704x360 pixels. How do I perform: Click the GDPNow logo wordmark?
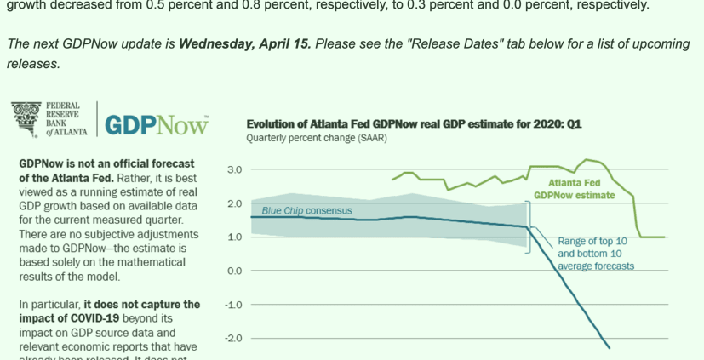(157, 125)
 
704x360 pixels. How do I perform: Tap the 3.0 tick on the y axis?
(234, 169)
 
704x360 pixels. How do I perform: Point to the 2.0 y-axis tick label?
(234, 203)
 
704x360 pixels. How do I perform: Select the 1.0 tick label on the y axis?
(234, 237)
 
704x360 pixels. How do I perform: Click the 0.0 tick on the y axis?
(234, 271)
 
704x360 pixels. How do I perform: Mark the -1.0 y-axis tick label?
(233, 305)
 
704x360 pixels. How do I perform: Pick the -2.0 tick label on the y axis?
(233, 339)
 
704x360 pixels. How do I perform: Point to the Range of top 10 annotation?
(592, 242)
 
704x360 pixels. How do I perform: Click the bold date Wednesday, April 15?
(243, 43)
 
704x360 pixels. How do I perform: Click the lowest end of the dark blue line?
(610, 347)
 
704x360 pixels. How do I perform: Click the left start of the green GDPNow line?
(392, 180)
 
